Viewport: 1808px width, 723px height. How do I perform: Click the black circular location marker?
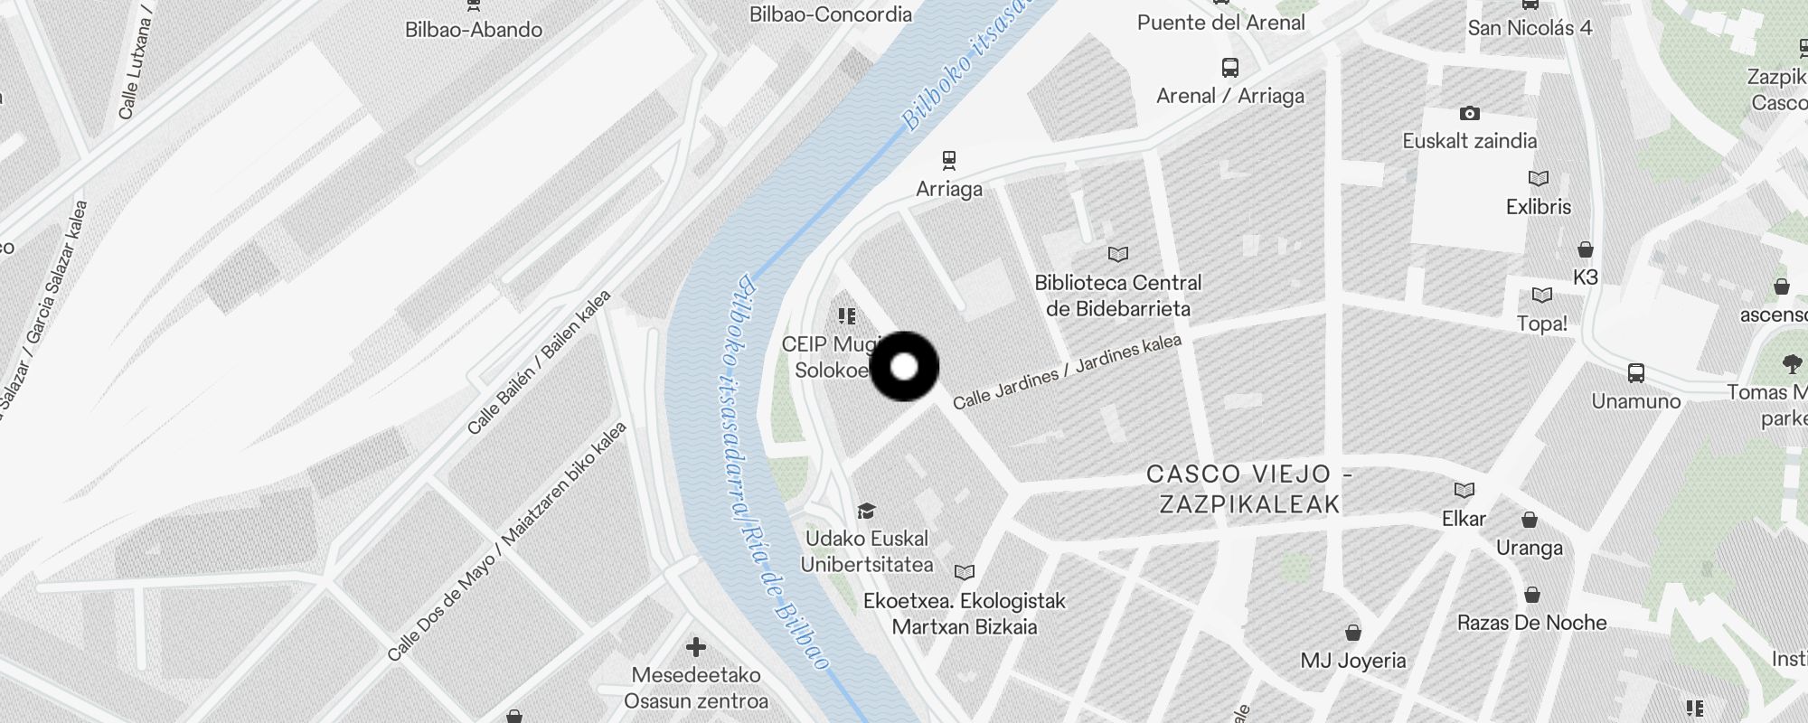click(904, 366)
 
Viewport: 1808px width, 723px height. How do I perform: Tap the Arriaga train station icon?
click(948, 160)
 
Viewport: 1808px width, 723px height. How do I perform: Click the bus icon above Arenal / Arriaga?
click(1229, 67)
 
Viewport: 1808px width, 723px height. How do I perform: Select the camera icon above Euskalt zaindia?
click(1469, 113)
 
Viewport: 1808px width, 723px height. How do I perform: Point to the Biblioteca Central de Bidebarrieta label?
click(1118, 296)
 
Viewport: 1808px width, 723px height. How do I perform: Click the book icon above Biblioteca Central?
click(1118, 254)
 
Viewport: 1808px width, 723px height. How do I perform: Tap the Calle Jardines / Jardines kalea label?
click(1067, 371)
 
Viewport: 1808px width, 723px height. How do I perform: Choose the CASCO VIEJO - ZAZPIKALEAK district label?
click(1249, 488)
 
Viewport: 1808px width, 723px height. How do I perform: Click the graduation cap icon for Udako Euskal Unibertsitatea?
click(866, 511)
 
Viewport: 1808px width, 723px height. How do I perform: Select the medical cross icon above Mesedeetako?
click(695, 647)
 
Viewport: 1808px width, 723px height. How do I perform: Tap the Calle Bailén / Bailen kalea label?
click(539, 361)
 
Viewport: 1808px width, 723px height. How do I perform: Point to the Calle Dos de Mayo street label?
click(506, 540)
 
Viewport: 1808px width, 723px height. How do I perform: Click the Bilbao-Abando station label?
click(474, 29)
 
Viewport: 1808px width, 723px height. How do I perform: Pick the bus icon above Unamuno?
click(1635, 372)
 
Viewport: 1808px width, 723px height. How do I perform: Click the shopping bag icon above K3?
click(1585, 249)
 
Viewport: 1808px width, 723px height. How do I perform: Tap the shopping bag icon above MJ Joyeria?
click(1352, 632)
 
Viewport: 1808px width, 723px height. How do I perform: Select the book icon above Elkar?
click(1464, 490)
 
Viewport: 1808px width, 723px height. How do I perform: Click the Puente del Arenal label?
click(1220, 23)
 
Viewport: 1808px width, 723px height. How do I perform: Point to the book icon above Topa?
click(1541, 295)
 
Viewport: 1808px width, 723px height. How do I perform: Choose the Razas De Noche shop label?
click(1531, 622)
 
